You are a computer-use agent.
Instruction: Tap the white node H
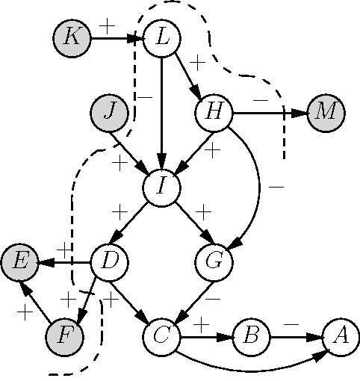tap(214, 112)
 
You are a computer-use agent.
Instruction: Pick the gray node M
tap(326, 112)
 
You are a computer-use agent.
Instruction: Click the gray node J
tap(109, 112)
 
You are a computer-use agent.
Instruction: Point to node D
tap(109, 261)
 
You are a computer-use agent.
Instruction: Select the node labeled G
tap(214, 261)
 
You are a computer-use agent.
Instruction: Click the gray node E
tap(19, 261)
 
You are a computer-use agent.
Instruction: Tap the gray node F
tap(64, 335)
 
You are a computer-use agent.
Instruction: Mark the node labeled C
tap(162, 335)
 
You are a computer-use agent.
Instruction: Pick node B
tap(252, 335)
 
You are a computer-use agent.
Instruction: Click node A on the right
tap(341, 335)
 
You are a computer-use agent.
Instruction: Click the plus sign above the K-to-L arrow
tap(108, 25)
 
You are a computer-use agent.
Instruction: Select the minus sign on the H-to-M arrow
tap(260, 99)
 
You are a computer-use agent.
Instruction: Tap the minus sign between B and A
tap(292, 324)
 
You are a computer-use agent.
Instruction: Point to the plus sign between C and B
tap(201, 324)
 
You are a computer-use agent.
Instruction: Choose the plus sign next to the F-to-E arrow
tap(26, 312)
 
